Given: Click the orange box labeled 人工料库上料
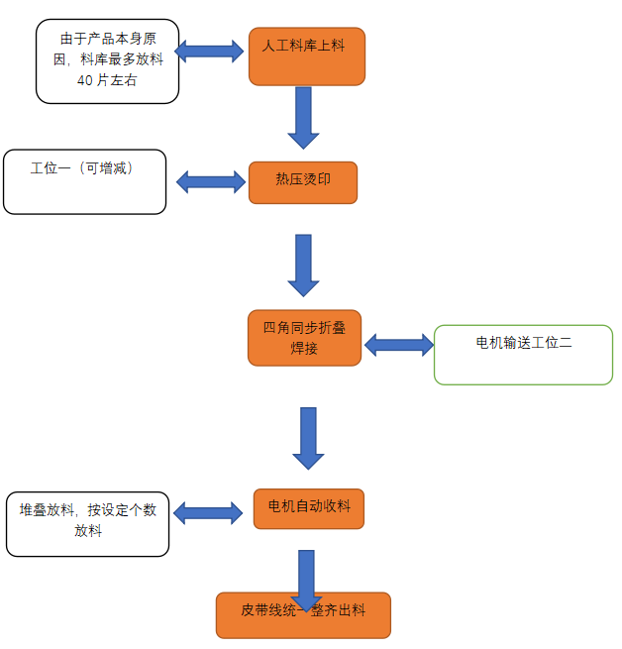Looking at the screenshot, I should tap(306, 55).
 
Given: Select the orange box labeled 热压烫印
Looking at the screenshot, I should tap(302, 182).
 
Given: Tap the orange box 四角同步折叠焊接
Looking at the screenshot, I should tap(304, 338).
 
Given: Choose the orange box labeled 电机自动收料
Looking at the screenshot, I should tap(308, 507).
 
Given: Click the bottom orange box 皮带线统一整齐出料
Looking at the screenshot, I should tap(303, 615).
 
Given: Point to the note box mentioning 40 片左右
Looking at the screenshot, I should tap(107, 60).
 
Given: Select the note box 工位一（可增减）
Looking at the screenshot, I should tap(84, 181).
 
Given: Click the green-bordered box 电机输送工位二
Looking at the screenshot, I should tap(523, 355).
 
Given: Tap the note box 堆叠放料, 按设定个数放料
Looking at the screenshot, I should tap(87, 523).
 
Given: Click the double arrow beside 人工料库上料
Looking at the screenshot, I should tap(209, 50).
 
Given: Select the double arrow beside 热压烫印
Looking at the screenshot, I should tap(211, 181).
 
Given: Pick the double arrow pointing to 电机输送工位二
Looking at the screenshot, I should tap(399, 345).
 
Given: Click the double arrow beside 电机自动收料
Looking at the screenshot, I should tap(208, 512).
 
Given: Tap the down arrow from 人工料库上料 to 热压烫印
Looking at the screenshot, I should tap(303, 116).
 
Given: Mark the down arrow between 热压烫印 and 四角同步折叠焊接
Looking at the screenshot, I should tap(303, 265).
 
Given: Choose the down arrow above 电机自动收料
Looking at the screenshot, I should tap(308, 437).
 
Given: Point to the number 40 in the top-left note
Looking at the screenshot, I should tap(85, 80).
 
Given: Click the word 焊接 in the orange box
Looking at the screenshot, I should tap(304, 349).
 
